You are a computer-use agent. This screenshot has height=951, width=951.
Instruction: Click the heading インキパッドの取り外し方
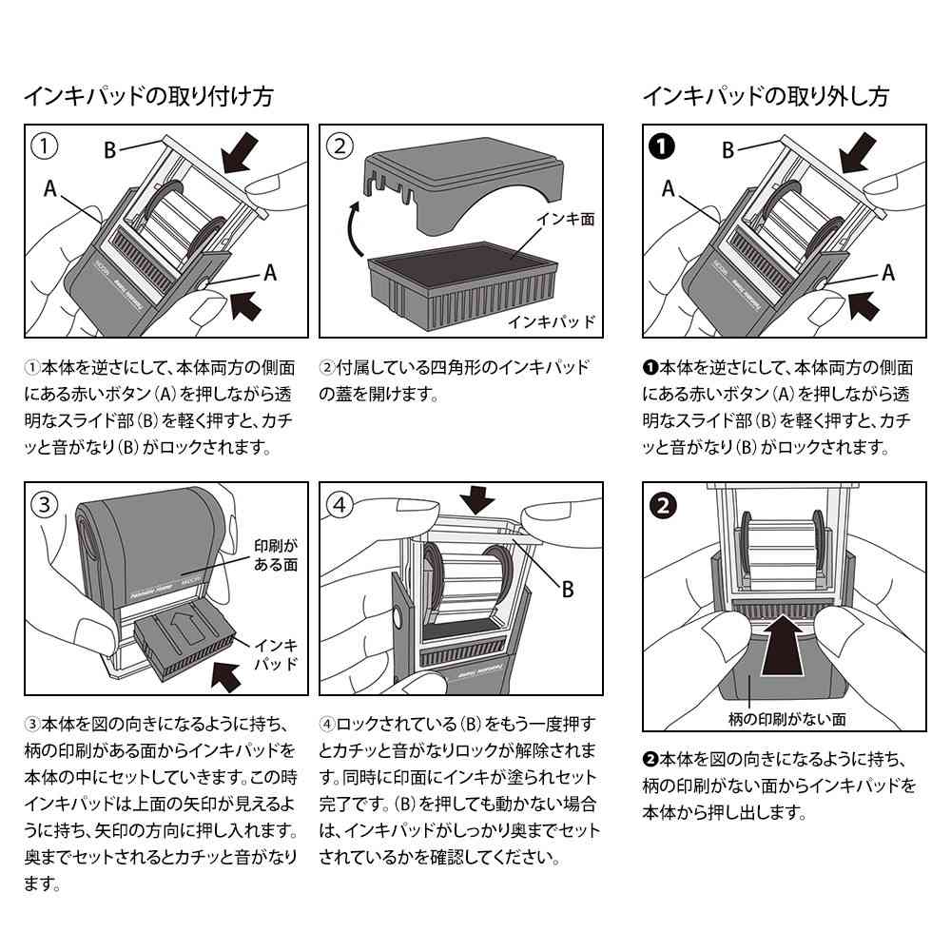(767, 96)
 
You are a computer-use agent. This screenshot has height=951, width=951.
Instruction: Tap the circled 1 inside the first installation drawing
(44, 146)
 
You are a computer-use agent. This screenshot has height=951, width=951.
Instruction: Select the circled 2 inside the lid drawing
(340, 146)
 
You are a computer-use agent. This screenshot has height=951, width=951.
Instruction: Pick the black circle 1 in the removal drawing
(662, 146)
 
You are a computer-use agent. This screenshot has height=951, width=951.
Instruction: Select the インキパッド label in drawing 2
(550, 320)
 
